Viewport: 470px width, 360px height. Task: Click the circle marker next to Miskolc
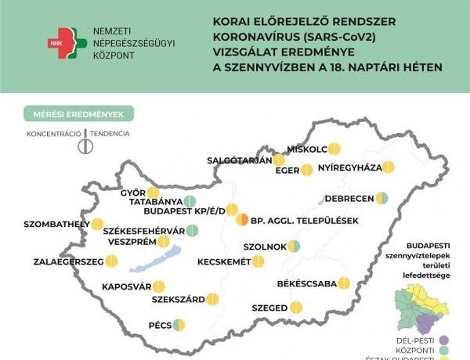click(x=334, y=148)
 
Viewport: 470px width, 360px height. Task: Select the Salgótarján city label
click(x=239, y=160)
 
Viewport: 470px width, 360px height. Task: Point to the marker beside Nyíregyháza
click(x=388, y=167)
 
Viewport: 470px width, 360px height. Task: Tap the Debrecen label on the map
click(x=345, y=198)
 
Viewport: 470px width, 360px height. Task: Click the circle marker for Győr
click(x=153, y=193)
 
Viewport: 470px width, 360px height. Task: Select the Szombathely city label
click(x=52, y=225)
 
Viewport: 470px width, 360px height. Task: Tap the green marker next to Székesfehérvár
click(x=192, y=230)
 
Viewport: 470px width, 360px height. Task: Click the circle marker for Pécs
click(x=179, y=324)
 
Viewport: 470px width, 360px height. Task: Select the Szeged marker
click(x=295, y=308)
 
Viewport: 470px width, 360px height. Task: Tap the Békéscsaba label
click(x=305, y=283)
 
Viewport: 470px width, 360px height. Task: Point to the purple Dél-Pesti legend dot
click(x=444, y=340)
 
